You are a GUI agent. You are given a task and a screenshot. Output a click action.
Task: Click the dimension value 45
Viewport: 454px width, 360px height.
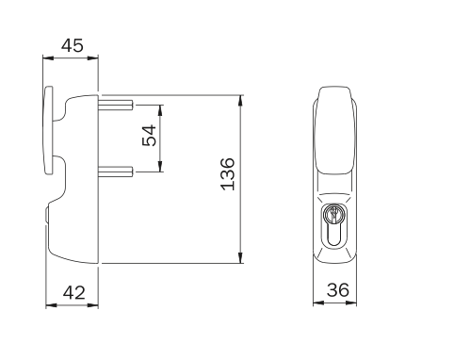pos(73,45)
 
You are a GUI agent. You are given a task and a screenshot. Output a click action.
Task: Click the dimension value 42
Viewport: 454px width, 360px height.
pos(74,292)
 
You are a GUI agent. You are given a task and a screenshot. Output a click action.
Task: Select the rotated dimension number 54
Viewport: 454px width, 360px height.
pos(149,136)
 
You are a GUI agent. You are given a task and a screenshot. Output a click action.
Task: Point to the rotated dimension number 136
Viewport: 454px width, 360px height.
pos(228,174)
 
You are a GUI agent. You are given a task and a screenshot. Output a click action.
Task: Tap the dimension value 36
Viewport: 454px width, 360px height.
pos(338,289)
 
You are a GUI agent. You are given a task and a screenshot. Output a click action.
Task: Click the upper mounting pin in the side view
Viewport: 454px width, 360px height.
pos(116,105)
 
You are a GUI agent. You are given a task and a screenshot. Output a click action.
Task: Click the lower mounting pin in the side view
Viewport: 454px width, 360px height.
pos(116,172)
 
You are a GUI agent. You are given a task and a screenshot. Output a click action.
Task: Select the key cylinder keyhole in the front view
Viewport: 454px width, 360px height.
pos(334,225)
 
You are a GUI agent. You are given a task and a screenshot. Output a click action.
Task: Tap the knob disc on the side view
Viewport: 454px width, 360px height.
pos(48,130)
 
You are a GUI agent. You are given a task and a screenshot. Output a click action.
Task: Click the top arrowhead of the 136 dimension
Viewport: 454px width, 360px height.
pos(240,100)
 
